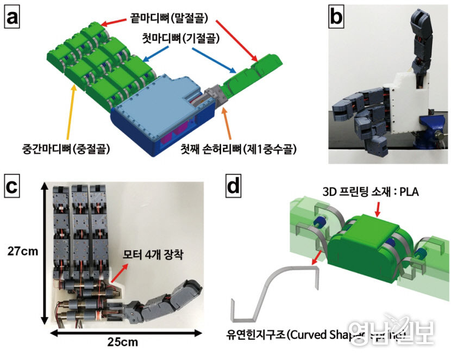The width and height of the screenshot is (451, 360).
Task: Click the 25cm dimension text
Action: tap(123, 342)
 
